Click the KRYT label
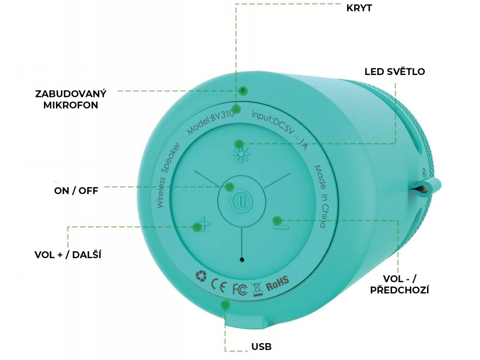coord(359,8)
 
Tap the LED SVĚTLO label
coord(395,72)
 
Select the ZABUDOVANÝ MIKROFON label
coord(71,99)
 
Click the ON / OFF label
coord(76,191)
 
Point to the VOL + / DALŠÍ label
coord(68,255)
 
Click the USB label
coord(262,347)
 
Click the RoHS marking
coord(277,283)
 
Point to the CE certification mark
coord(219,284)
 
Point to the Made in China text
coord(320,196)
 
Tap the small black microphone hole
coord(242,259)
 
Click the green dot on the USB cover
coord(225,305)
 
